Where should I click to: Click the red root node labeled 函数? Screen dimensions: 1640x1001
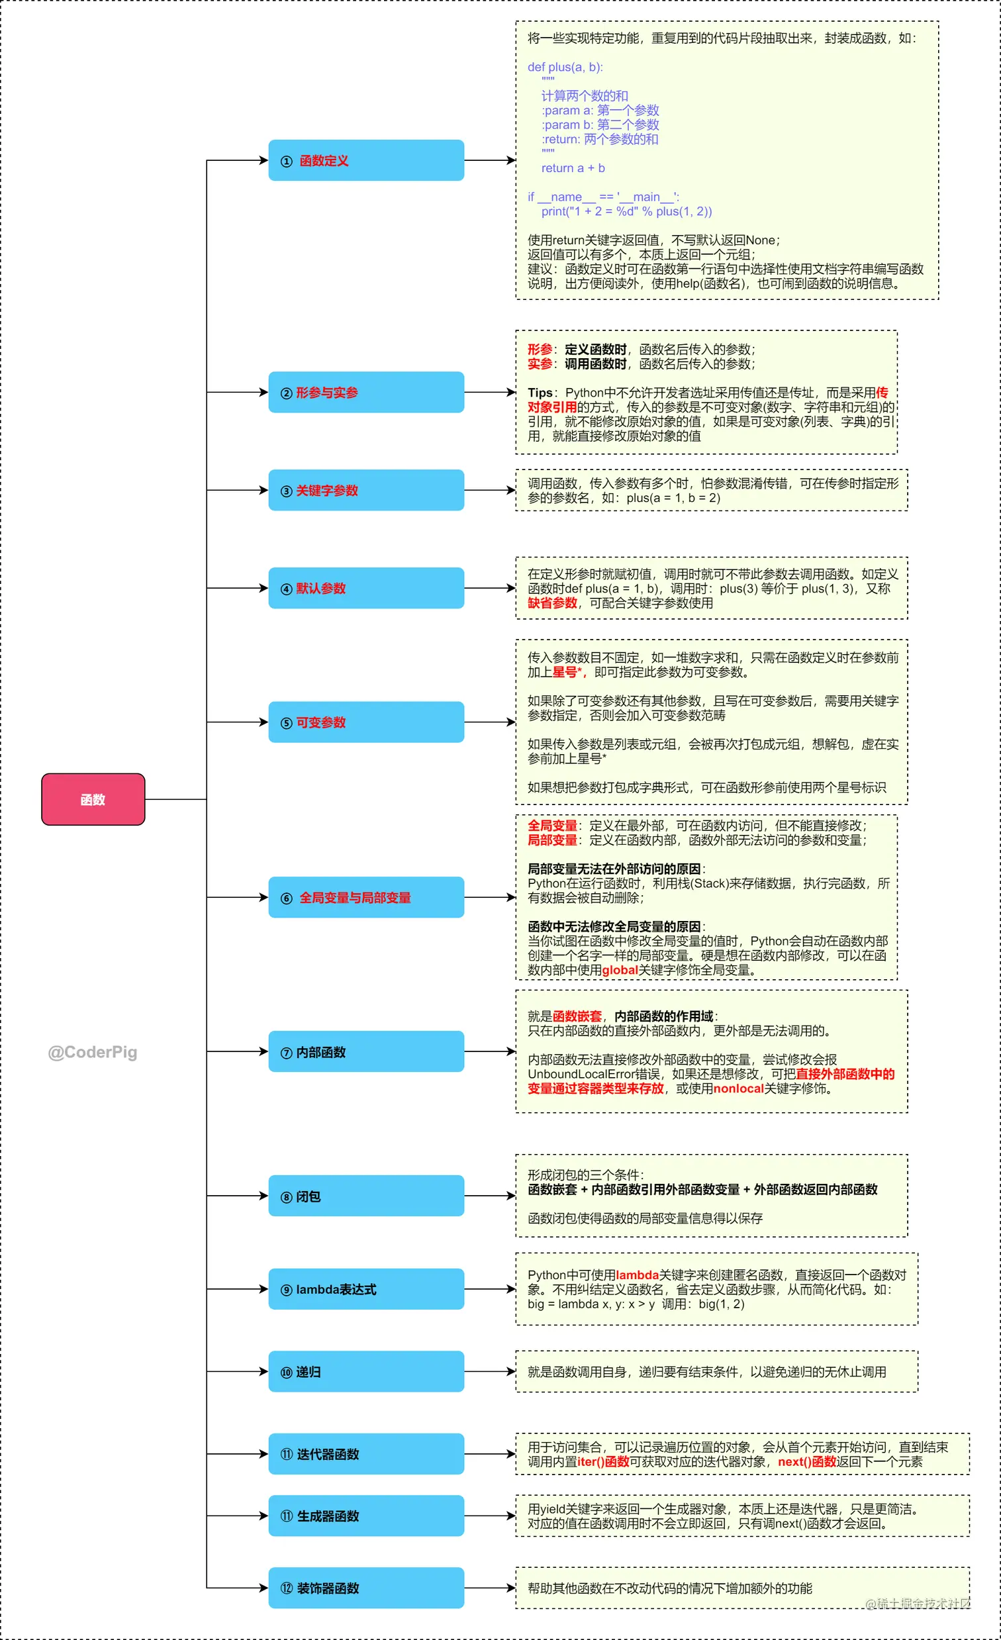point(93,799)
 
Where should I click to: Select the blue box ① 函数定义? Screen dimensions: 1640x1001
point(366,160)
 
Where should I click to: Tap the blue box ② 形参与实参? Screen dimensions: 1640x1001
point(366,392)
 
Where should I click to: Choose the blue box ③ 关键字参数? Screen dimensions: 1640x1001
point(366,490)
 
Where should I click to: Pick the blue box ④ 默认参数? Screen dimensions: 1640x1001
point(366,588)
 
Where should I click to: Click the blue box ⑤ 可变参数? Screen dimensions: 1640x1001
point(366,722)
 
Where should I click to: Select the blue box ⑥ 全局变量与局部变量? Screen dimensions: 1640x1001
point(366,897)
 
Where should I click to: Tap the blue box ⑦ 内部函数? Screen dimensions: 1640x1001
point(366,1051)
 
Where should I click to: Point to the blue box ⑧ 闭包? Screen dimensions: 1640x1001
point(366,1196)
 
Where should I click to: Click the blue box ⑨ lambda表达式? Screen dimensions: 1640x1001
point(366,1289)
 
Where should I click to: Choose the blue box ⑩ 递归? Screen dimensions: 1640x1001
point(366,1372)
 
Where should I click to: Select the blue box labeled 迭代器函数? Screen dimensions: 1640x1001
point(366,1455)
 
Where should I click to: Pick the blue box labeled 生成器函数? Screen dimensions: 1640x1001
point(366,1516)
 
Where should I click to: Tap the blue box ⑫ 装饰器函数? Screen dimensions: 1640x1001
point(366,1588)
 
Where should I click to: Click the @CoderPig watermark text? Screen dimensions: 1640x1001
point(93,1052)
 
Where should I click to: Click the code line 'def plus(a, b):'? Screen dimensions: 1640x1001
point(565,68)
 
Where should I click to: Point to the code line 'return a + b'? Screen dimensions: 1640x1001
point(573,168)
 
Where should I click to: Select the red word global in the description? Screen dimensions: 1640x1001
point(620,971)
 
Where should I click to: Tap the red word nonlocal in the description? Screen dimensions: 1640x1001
point(738,1089)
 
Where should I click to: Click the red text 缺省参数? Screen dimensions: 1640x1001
point(552,603)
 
